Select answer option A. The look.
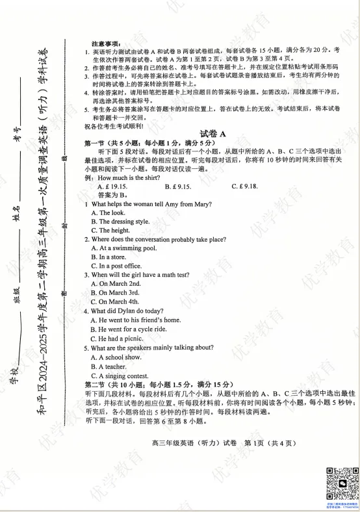click(x=108, y=212)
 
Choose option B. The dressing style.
click(x=120, y=222)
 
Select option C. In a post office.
click(x=116, y=266)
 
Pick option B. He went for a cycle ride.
click(x=129, y=329)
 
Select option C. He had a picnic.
click(x=116, y=339)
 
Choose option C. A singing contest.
click(x=121, y=375)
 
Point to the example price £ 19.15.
click(x=112, y=186)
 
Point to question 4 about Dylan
click(x=123, y=311)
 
